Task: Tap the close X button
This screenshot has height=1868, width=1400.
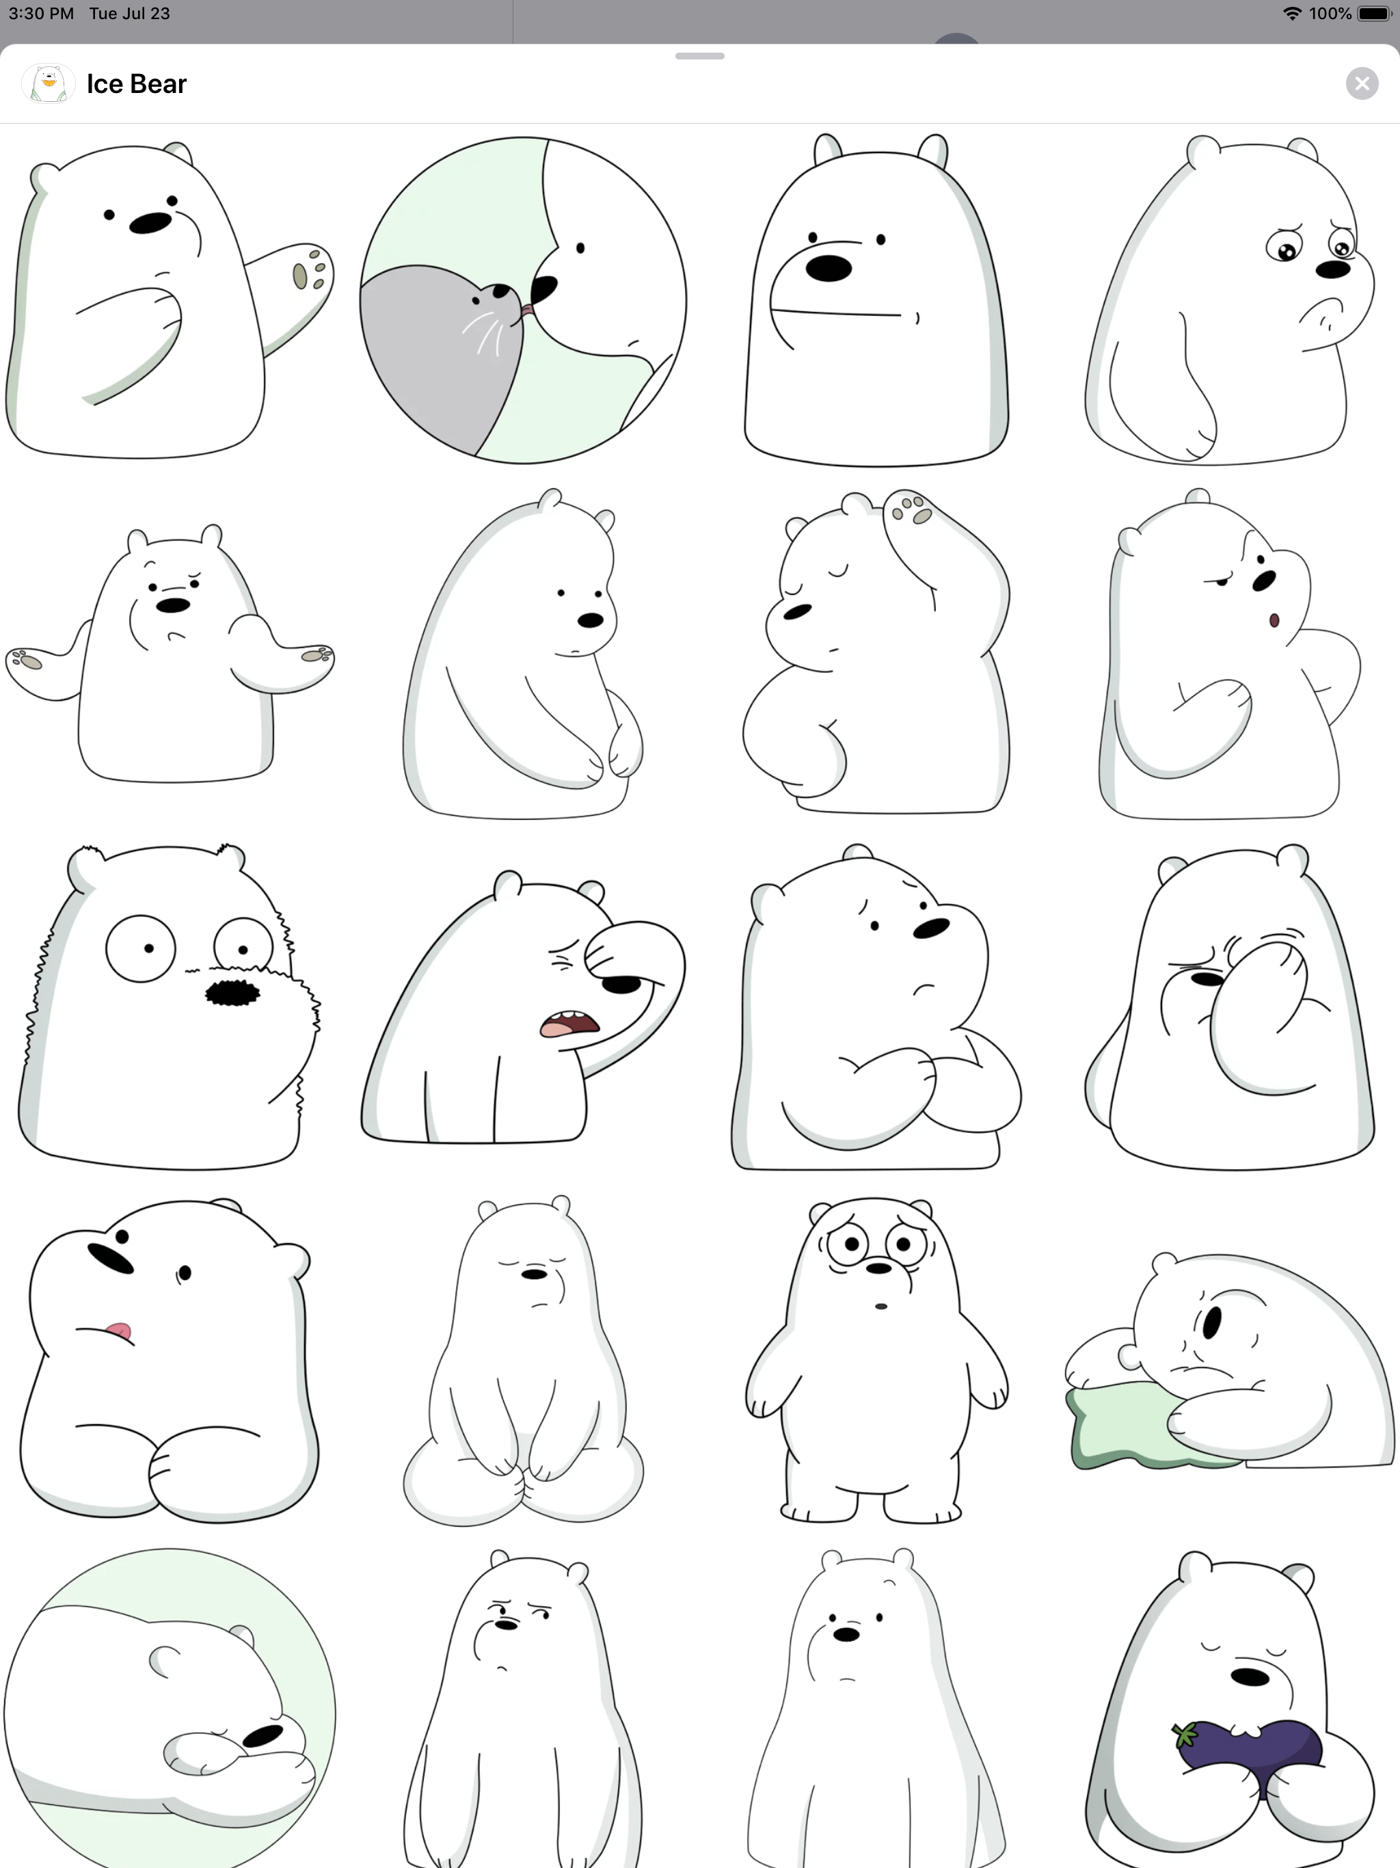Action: coord(1361,83)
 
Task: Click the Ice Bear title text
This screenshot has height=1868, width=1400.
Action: coord(136,83)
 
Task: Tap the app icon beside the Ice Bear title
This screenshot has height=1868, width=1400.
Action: coord(48,83)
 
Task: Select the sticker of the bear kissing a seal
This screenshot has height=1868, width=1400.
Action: coord(523,299)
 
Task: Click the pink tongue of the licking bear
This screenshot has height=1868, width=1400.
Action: coord(119,1332)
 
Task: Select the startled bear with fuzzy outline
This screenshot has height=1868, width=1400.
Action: coord(169,1006)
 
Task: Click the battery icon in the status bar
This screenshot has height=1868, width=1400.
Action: coord(1374,14)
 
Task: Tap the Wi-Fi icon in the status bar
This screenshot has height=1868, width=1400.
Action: coord(1291,14)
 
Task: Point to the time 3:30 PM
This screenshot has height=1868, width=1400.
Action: coord(42,14)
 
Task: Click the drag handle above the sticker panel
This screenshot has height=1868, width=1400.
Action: coord(700,56)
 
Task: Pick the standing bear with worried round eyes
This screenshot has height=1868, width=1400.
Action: coord(876,1359)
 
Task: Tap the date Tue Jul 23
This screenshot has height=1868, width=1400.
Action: coord(129,14)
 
